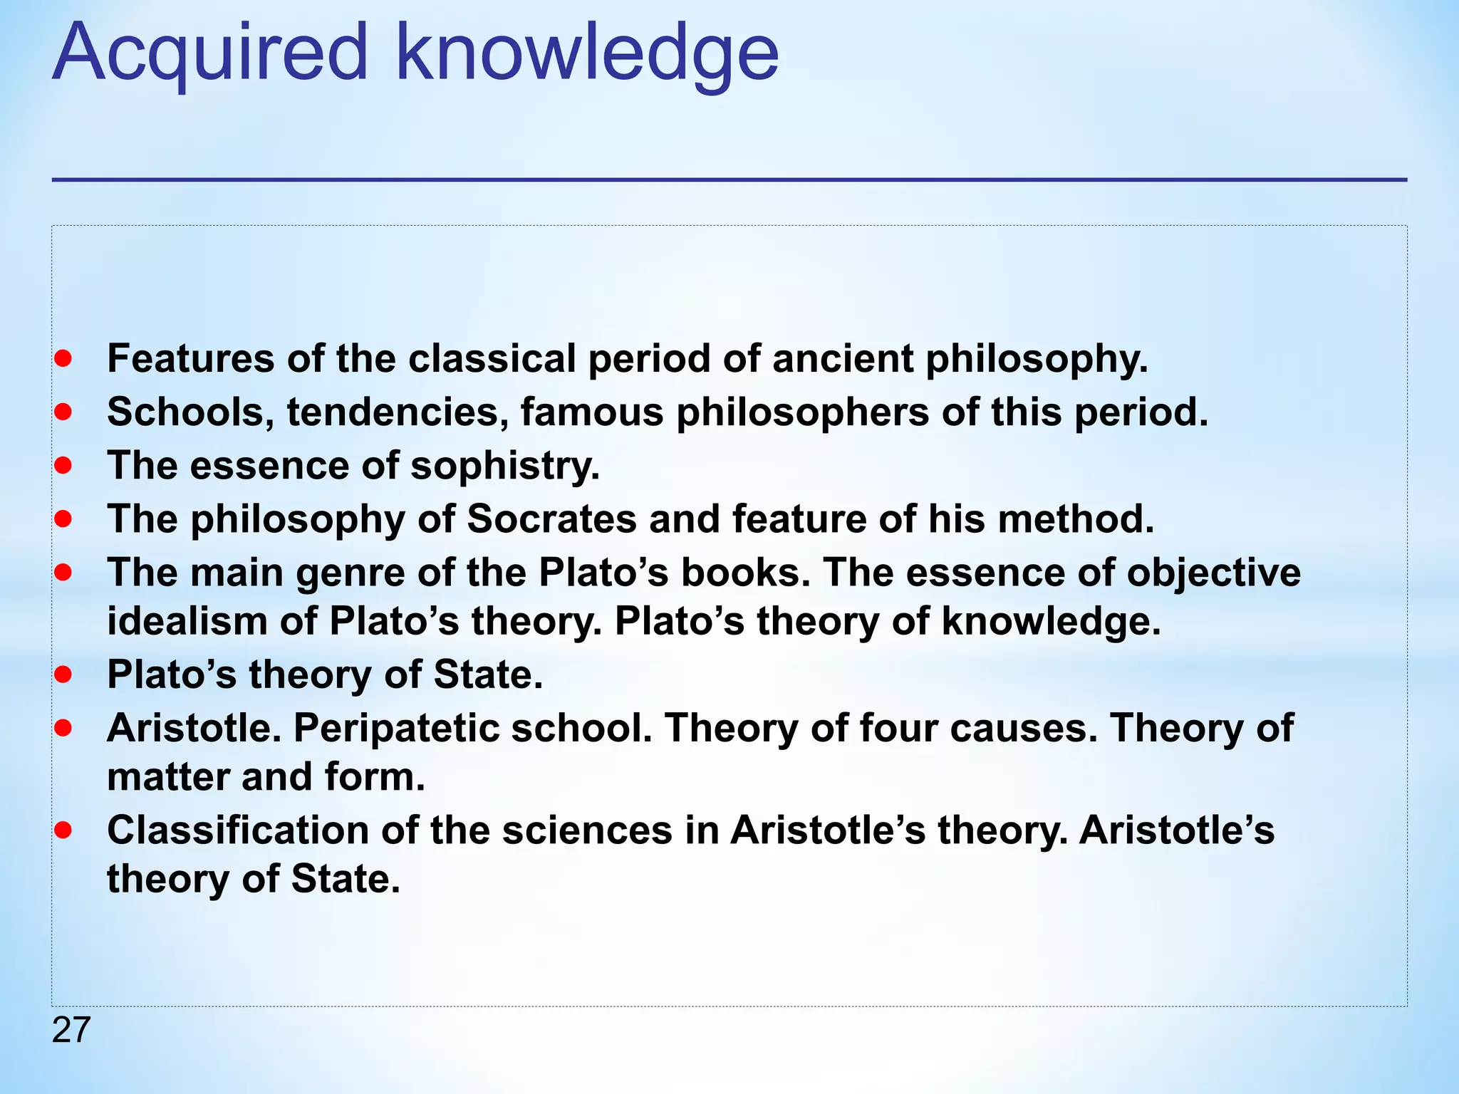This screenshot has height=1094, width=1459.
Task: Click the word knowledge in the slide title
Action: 587,56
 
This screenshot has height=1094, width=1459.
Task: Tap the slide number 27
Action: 71,1030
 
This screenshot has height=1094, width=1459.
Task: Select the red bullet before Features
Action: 63,358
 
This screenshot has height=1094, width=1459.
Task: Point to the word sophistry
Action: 504,467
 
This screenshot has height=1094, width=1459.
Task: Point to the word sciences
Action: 587,830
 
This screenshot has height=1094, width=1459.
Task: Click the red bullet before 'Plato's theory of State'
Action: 63,674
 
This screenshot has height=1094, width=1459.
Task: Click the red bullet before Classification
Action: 63,830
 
